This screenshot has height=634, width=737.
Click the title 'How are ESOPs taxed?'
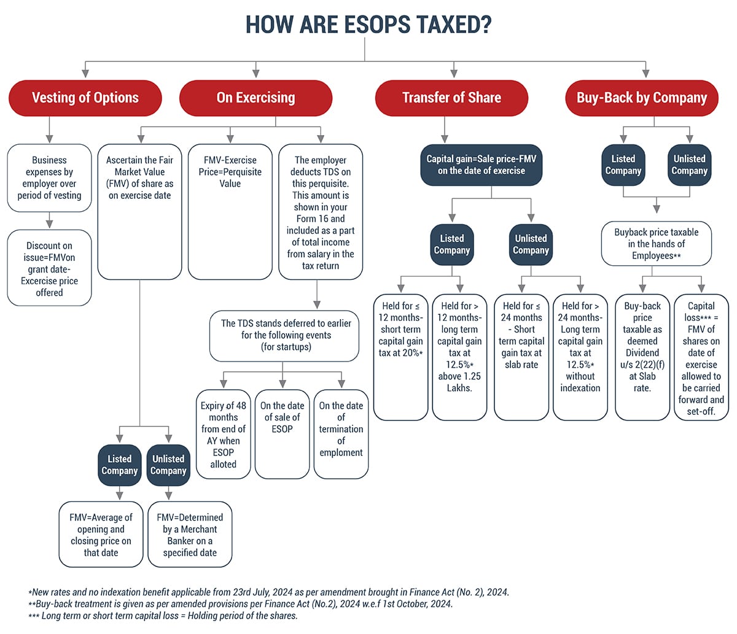(x=368, y=25)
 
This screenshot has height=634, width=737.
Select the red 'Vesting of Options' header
(x=85, y=98)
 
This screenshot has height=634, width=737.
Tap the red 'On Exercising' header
(x=255, y=98)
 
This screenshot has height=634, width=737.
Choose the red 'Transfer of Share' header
(x=451, y=98)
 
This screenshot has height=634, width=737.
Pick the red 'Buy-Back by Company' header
(x=641, y=98)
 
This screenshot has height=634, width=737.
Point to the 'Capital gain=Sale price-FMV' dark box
(x=482, y=164)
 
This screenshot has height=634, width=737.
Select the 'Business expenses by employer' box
(x=49, y=178)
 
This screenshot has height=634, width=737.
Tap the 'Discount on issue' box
(x=49, y=269)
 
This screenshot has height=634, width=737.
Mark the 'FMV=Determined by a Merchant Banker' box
(x=190, y=535)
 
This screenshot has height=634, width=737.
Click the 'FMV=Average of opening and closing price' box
(x=101, y=535)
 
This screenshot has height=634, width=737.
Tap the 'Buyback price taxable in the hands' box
(x=656, y=244)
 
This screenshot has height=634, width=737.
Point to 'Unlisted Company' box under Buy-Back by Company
(x=689, y=164)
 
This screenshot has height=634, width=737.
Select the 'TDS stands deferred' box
(x=284, y=335)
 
